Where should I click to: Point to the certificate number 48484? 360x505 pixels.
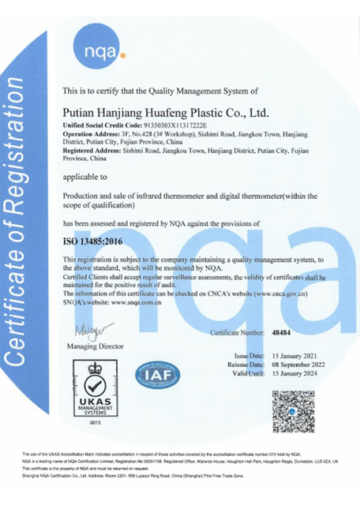[282, 334]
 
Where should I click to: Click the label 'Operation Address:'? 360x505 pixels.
[88, 133]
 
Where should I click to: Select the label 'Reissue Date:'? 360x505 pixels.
[245, 365]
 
